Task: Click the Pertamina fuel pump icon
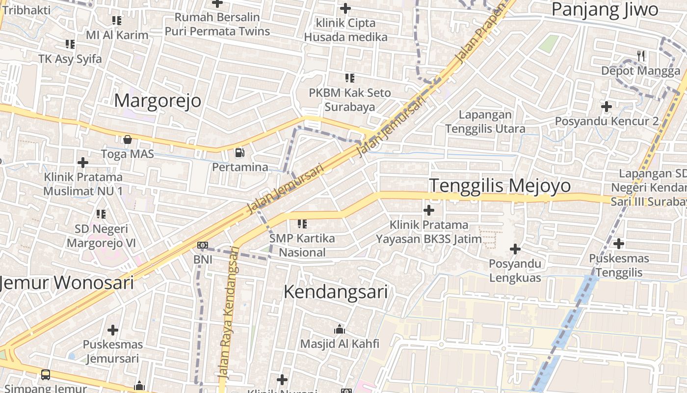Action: [239, 153]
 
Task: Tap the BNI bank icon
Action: [202, 245]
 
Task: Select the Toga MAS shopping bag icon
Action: [128, 140]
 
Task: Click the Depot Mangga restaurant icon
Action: [641, 56]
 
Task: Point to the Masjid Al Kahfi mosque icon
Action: [339, 329]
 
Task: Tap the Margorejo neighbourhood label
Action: [158, 101]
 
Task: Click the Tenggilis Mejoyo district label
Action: [500, 186]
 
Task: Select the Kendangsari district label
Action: [336, 292]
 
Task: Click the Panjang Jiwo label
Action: [605, 10]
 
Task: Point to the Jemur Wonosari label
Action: [67, 282]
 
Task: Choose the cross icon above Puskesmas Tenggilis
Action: [619, 243]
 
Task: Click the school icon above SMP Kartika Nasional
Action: [302, 225]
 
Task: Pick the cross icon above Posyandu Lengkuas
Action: [515, 249]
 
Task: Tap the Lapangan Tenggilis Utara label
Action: [485, 121]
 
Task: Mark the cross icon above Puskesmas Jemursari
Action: [113, 330]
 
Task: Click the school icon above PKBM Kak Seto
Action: [350, 78]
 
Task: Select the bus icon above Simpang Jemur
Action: [46, 375]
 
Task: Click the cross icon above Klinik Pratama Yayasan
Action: [429, 210]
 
